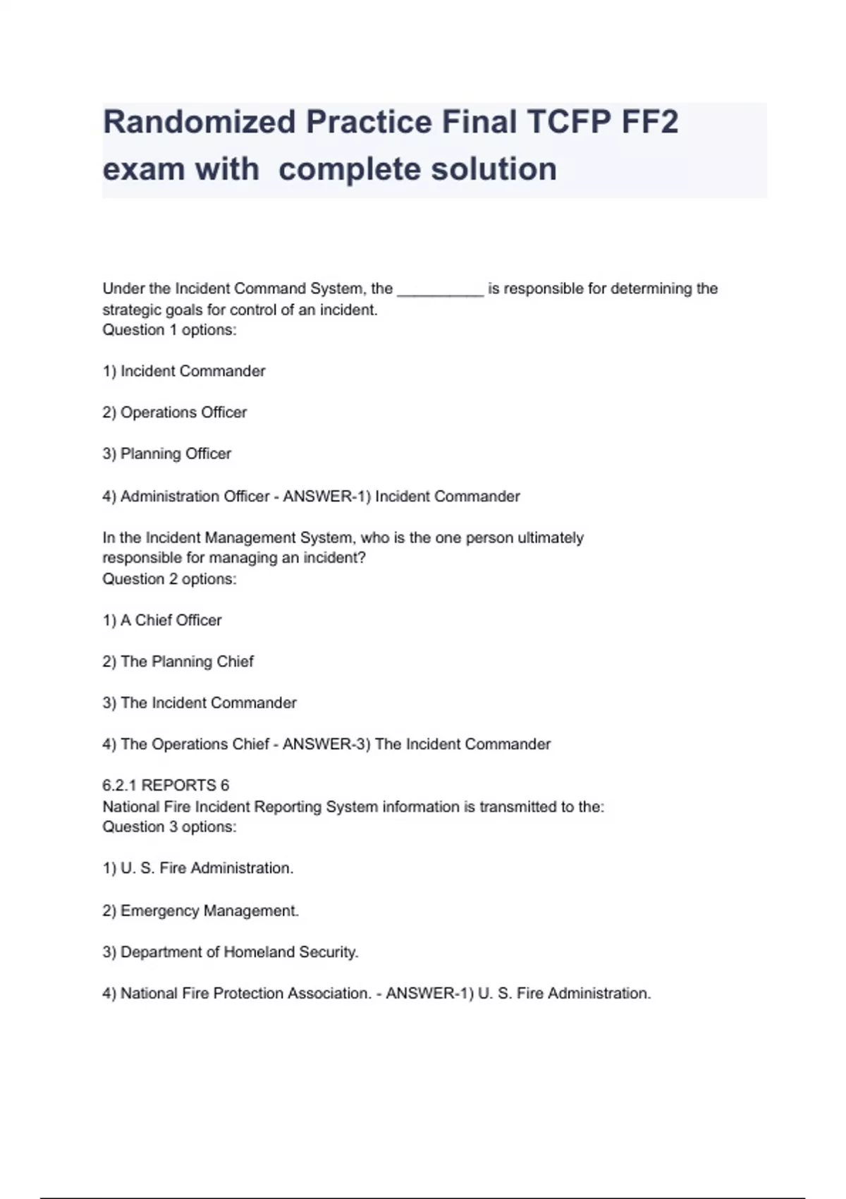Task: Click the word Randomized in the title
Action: point(199,122)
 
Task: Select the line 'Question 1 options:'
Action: point(169,330)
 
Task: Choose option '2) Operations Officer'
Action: point(175,413)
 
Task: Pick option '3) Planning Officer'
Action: point(167,454)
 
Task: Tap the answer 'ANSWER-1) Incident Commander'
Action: point(401,497)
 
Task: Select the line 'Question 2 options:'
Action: point(169,579)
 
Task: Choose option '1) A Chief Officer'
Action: point(162,621)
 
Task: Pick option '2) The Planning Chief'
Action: point(178,662)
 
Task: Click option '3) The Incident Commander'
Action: point(200,703)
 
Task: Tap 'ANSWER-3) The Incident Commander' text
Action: point(417,744)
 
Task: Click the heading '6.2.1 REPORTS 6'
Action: point(166,786)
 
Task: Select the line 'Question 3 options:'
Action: point(169,827)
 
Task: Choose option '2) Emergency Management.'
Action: point(200,911)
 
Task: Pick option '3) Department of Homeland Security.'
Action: point(231,952)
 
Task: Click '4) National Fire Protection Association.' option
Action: point(236,994)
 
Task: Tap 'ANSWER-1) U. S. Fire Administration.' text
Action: point(518,994)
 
